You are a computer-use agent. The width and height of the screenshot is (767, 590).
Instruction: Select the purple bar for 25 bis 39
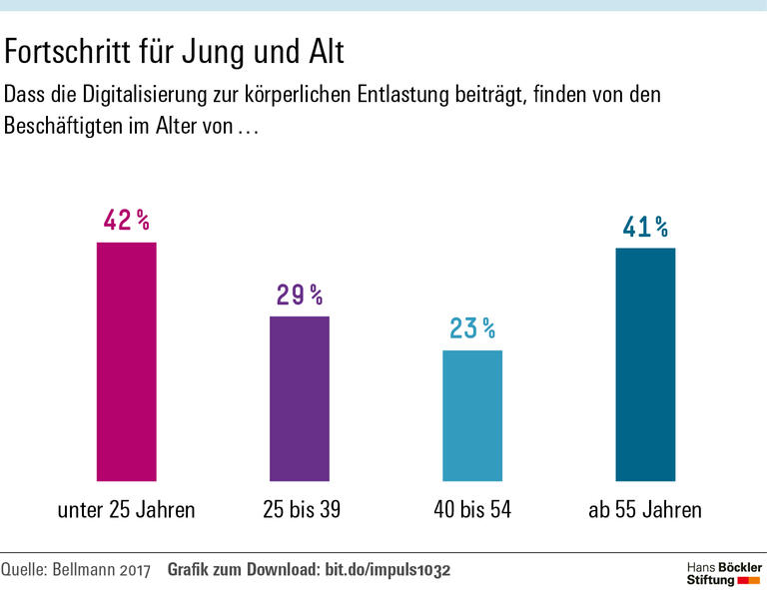300,398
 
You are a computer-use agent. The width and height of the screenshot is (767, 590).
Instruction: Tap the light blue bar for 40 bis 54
472,415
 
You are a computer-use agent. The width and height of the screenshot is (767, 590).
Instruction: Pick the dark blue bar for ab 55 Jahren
645,364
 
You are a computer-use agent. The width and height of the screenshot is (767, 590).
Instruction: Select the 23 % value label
472,328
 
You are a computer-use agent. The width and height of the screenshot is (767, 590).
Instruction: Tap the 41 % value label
645,228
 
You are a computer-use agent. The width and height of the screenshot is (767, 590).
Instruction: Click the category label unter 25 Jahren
126,510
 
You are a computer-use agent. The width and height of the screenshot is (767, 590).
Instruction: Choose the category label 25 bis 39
300,510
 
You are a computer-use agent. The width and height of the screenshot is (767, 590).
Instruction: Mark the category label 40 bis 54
472,510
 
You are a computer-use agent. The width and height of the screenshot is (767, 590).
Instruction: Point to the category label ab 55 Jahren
645,510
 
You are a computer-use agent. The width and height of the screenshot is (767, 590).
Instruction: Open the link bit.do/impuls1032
387,571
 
